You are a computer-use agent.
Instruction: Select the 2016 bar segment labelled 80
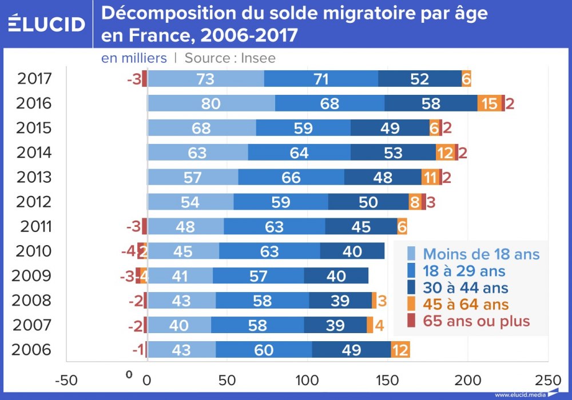click(211, 103)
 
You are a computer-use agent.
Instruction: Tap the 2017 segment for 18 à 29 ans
click(321, 79)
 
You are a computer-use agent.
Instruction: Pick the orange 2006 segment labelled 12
click(400, 350)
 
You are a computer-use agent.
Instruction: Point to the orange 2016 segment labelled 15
click(489, 103)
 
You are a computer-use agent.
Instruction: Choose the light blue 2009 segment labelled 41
click(180, 276)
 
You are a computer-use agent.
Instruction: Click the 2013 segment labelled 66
click(291, 177)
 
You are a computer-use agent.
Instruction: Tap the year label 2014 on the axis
click(34, 153)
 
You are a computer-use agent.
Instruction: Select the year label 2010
click(34, 251)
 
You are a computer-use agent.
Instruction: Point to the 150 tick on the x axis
click(388, 379)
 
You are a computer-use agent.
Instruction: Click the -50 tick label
click(66, 379)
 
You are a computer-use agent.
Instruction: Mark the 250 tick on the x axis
click(547, 379)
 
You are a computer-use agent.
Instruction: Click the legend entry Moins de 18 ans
click(481, 254)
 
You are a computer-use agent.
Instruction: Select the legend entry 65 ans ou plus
click(476, 321)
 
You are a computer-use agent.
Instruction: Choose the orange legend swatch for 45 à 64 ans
click(411, 304)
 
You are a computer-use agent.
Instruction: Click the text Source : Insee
click(230, 58)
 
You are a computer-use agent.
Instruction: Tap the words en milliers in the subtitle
click(134, 58)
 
